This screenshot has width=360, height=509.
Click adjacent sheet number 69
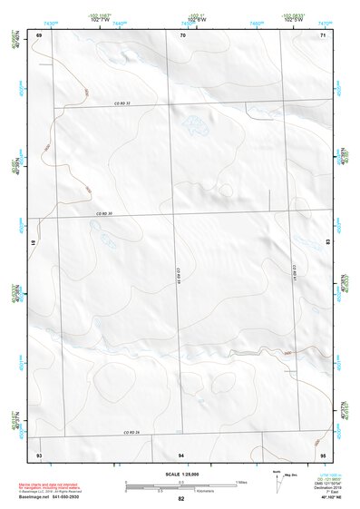pos(39,34)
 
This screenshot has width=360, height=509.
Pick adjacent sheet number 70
pos(182,34)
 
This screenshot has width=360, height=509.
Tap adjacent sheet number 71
pos(323,34)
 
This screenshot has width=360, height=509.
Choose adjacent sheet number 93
pos(39,453)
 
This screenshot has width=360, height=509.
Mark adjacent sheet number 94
pos(181,453)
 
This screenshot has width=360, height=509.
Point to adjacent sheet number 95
pos(323,453)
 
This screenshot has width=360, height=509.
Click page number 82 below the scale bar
pos(181,499)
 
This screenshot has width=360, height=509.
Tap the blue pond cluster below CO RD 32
pos(194,122)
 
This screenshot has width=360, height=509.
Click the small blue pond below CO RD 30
pos(108,241)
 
